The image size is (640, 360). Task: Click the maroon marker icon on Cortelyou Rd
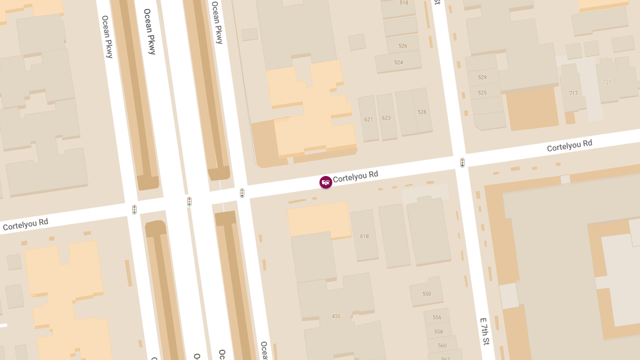tap(326, 182)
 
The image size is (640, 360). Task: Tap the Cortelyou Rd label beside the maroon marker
tap(355, 177)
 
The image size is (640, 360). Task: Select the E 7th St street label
tap(485, 331)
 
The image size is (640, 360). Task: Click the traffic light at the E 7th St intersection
tap(462, 163)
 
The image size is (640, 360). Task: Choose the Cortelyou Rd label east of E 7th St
tap(570, 146)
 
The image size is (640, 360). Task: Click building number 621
tap(369, 119)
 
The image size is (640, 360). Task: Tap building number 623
tap(386, 118)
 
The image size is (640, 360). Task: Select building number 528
tap(422, 112)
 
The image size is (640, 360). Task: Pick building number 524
tap(398, 62)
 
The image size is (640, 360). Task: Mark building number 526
tap(403, 46)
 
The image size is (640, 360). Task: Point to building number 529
tap(482, 77)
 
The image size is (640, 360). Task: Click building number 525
tap(482, 93)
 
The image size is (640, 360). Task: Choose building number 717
tap(573, 93)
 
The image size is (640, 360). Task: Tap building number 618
tap(364, 236)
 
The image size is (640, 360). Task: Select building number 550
tap(427, 294)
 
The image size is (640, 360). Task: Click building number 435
tap(336, 316)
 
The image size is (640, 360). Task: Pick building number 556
tap(437, 317)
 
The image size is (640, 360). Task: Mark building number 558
tap(439, 332)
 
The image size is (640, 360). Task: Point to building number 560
tap(442, 346)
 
